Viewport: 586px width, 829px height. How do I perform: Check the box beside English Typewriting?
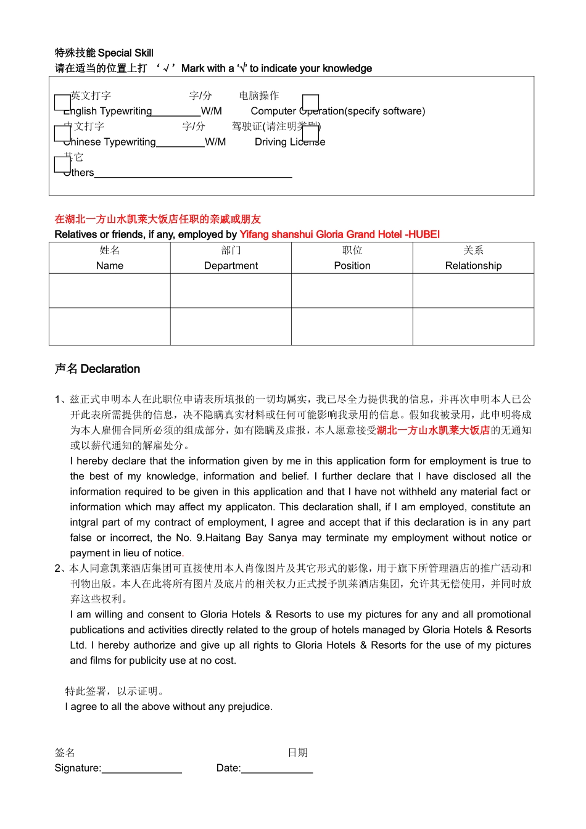click(62, 102)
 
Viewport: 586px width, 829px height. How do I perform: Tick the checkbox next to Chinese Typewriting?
click(62, 133)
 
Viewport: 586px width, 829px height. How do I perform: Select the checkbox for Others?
click(62, 165)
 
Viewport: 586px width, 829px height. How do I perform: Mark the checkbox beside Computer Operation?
click(310, 102)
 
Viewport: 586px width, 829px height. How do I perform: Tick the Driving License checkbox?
click(310, 133)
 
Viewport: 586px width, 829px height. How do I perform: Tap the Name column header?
click(110, 258)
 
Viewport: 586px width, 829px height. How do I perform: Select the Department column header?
click(231, 258)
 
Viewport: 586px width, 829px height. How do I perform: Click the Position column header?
click(352, 258)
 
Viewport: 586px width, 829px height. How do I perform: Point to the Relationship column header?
click(473, 258)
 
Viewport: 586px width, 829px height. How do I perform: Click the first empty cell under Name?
click(110, 291)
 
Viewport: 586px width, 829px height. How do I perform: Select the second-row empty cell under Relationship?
click(473, 326)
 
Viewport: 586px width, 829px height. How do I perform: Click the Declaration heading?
click(97, 369)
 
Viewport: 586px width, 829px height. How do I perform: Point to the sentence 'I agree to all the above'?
click(168, 707)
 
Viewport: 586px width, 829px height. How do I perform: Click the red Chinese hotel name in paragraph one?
click(433, 431)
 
